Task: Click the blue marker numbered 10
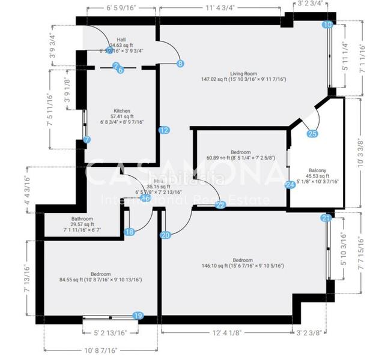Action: coord(327,25)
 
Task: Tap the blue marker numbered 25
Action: coord(312,134)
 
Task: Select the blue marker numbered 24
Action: coord(291,185)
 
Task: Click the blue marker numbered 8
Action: coord(180,63)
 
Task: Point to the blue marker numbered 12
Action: coord(164,130)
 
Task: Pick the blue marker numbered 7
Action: coord(88,140)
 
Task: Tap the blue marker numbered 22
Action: coord(220,205)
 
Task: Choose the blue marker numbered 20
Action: coord(165,235)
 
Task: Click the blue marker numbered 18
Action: coord(130,232)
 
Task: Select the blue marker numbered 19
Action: coord(138,315)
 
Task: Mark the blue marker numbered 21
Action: coord(326,217)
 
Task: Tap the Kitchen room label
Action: coord(122,111)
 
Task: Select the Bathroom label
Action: coord(81,219)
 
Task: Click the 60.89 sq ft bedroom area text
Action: coord(240,158)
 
